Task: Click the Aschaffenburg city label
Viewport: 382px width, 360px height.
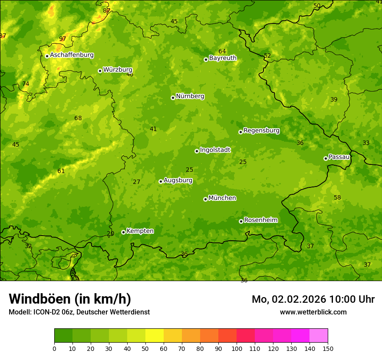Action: tap(72, 55)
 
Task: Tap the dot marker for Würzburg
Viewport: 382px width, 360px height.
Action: tap(100, 71)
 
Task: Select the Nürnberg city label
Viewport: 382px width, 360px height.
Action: tap(190, 96)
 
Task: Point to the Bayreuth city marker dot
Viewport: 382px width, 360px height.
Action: tap(206, 59)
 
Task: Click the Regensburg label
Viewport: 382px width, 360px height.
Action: tap(261, 131)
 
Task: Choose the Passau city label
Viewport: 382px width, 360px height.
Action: tap(339, 157)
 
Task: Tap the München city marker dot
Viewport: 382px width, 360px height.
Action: tap(205, 199)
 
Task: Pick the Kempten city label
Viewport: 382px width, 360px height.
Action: tap(140, 231)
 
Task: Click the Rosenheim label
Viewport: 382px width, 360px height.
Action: tap(260, 220)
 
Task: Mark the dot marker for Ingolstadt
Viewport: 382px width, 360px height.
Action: tap(197, 151)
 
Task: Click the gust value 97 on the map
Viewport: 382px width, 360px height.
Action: tap(63, 39)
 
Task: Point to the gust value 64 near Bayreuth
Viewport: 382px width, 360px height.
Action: tap(222, 51)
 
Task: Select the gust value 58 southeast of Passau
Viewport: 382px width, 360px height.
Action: tap(337, 197)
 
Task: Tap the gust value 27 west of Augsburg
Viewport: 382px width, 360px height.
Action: tap(137, 182)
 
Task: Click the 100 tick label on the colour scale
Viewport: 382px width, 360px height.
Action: tap(237, 348)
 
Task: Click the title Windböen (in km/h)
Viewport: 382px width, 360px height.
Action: tap(70, 299)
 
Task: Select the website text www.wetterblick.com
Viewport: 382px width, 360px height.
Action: tap(313, 312)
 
